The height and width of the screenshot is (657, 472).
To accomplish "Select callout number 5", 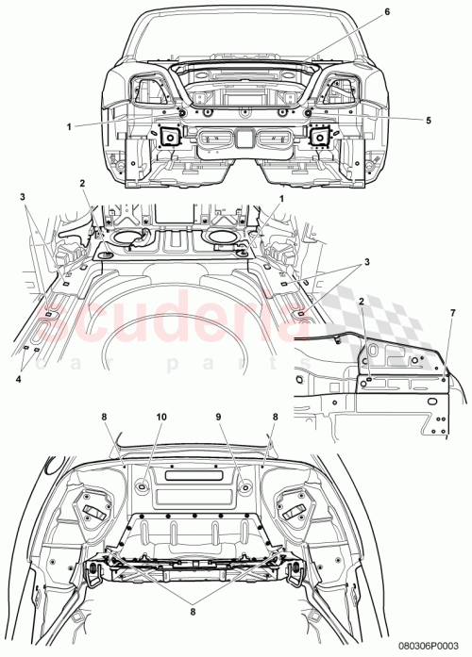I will [401, 120].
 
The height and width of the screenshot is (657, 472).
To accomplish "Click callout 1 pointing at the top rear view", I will [69, 123].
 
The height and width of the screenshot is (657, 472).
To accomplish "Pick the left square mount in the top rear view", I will [171, 137].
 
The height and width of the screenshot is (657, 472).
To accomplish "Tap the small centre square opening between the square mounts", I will [244, 139].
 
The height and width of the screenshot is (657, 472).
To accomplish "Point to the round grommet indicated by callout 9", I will [243, 485].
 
